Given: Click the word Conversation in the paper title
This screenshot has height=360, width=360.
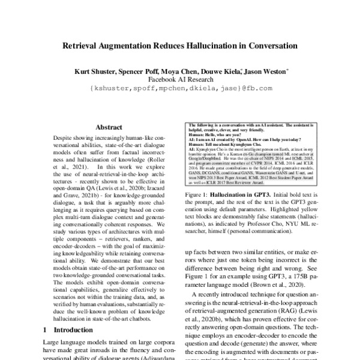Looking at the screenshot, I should [x=263, y=45].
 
